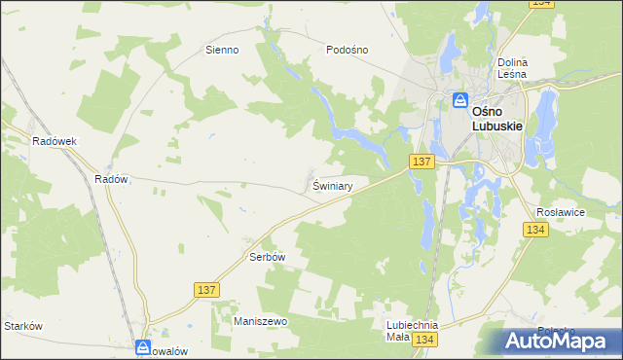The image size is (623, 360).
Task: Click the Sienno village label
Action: point(222,50)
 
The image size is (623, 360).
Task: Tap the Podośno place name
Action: point(347,50)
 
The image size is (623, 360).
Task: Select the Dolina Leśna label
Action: point(512,67)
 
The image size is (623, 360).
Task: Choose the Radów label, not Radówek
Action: point(111,179)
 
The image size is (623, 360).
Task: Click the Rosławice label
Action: point(560,210)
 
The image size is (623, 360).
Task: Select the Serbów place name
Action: point(267,257)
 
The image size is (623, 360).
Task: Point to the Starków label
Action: point(22,326)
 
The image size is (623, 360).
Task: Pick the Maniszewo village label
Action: point(259,320)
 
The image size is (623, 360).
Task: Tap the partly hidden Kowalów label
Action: point(175,350)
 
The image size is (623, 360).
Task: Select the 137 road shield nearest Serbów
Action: point(205,290)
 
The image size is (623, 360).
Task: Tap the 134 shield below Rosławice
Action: point(535,230)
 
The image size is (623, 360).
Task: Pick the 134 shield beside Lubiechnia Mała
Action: point(423,340)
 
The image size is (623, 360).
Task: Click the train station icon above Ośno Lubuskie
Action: point(460,99)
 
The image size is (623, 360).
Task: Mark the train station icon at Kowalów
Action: point(143,347)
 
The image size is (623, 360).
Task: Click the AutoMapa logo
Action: point(561,342)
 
